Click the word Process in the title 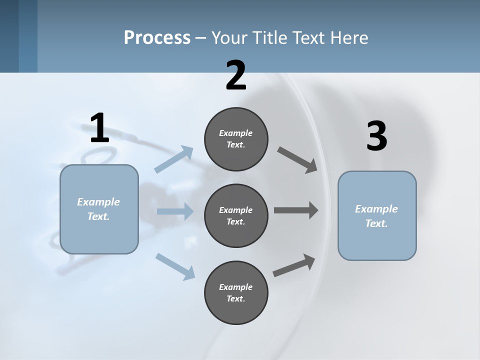tap(157, 37)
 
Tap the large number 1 tap(99, 128)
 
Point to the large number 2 tap(236, 75)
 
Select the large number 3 tap(376, 136)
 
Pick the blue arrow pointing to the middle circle tap(175, 211)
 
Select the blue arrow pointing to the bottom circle tap(175, 265)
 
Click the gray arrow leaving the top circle tap(297, 160)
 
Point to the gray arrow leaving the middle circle tap(295, 210)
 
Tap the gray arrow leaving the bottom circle tap(294, 265)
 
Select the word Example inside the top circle tap(236, 133)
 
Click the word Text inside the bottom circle tap(235, 298)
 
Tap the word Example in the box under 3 tap(376, 209)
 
